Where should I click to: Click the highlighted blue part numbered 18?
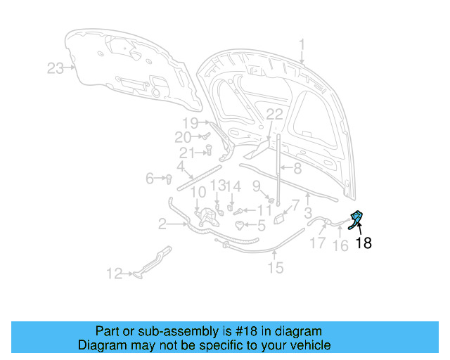point(357,218)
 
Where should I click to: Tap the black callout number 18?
point(363,244)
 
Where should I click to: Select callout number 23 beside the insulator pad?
point(56,68)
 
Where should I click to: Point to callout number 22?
point(274,114)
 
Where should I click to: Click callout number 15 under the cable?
point(275,266)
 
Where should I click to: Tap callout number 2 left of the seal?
point(162,224)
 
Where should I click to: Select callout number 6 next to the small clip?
point(150,179)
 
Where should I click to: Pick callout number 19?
point(191,122)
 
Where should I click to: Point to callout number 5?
point(261,226)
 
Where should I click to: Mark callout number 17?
point(318,243)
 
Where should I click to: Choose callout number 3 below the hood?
point(307,212)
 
